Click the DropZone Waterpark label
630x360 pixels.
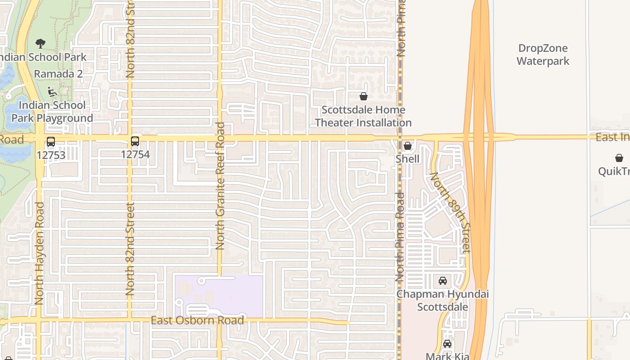pyautogui.click(x=543, y=54)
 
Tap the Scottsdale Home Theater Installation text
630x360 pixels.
pyautogui.click(x=363, y=116)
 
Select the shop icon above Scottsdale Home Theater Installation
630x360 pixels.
pyautogui.click(x=364, y=96)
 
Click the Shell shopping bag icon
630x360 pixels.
pyautogui.click(x=408, y=146)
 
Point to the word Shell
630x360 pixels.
pyautogui.click(x=408, y=159)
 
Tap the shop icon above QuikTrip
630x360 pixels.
pyautogui.click(x=619, y=158)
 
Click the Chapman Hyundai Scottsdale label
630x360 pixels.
pyautogui.click(x=442, y=301)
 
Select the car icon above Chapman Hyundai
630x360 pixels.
pyautogui.click(x=443, y=281)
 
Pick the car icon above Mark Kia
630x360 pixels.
pyautogui.click(x=447, y=344)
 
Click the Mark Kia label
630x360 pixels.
pyautogui.click(x=447, y=356)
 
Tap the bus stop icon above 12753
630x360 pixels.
pyautogui.click(x=51, y=142)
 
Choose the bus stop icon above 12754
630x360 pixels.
pyautogui.click(x=135, y=141)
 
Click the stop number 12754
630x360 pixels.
pyautogui.click(x=135, y=154)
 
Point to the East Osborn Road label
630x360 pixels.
pyautogui.click(x=197, y=320)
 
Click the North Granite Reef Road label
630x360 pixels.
pyautogui.click(x=220, y=185)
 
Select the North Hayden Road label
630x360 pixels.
pyautogui.click(x=39, y=253)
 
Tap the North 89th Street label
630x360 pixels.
pyautogui.click(x=450, y=212)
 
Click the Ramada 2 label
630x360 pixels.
pyautogui.click(x=58, y=74)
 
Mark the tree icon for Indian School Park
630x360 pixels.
pyautogui.click(x=40, y=44)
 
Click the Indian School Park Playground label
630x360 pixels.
pyautogui.click(x=52, y=112)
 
